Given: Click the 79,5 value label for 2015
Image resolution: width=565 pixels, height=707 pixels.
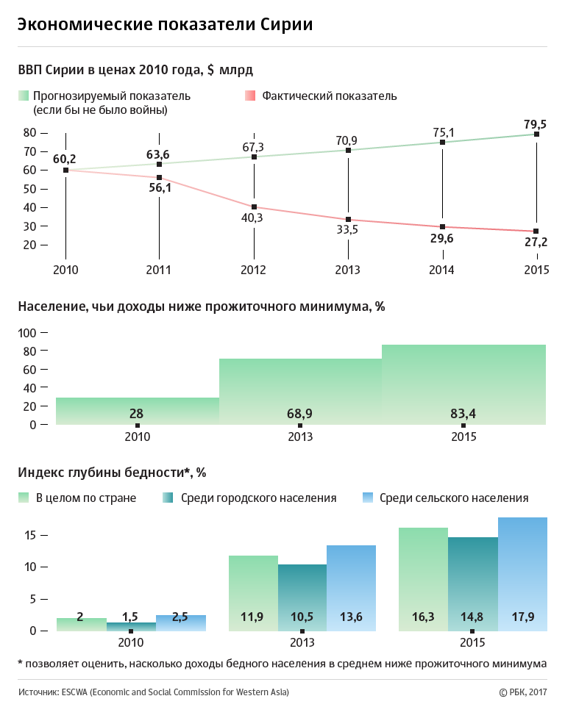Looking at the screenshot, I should [x=536, y=123].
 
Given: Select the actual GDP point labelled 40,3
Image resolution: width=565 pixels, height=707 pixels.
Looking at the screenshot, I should [x=254, y=207].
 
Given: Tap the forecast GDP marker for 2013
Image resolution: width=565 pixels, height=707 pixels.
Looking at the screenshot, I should [x=348, y=151].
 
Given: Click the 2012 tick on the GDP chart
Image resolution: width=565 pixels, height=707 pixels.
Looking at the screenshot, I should [x=254, y=270].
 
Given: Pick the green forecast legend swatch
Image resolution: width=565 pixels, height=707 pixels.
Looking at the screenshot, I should [x=24, y=96].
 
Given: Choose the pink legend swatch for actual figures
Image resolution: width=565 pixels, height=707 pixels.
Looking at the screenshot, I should [x=249, y=96].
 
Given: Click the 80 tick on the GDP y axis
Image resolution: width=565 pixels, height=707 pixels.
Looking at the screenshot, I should [x=29, y=133].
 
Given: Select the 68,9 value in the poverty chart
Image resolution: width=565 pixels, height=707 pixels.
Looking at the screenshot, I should [x=300, y=414].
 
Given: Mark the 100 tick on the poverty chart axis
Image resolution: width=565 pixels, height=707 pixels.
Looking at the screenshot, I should [x=27, y=333].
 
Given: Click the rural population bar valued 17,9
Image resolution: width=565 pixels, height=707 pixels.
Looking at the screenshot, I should [x=522, y=574].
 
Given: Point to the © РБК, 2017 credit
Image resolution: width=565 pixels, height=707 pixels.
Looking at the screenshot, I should [x=523, y=692].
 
